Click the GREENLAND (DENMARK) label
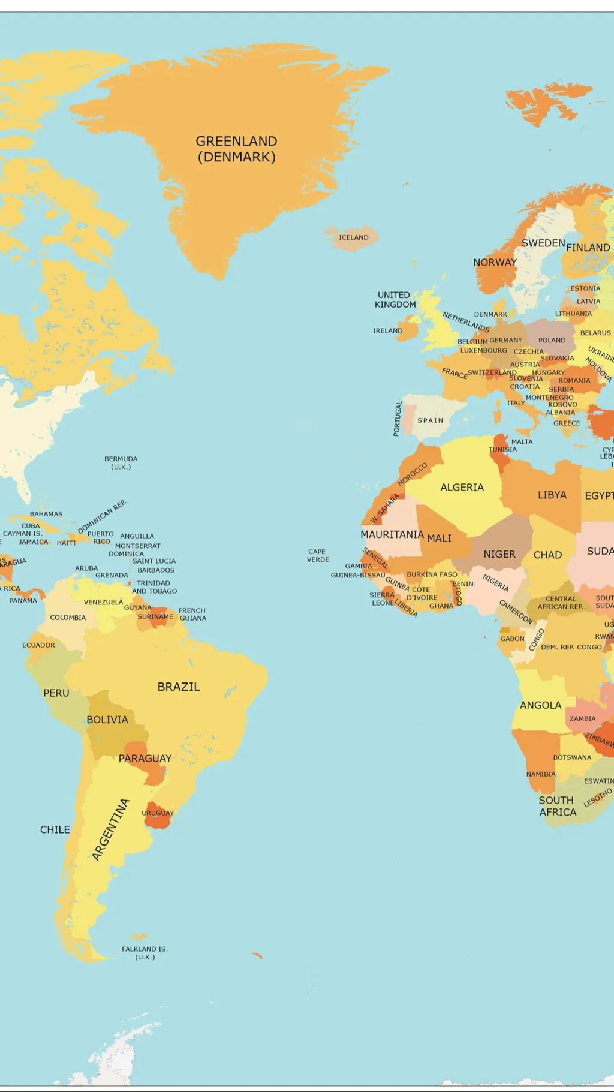point(236,149)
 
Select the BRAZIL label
point(179,687)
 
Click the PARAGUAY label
point(145,759)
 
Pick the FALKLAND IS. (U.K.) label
point(145,953)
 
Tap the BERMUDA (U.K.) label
point(121,463)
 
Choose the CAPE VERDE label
point(318,555)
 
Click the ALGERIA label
point(462,488)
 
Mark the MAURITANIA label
point(392,534)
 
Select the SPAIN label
point(431,420)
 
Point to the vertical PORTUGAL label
point(396,419)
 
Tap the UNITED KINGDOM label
point(395,300)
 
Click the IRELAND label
point(387,330)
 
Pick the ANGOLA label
point(540,705)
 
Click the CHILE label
point(55,829)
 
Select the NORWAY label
point(495,263)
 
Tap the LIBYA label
point(552,495)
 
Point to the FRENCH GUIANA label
point(192,614)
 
